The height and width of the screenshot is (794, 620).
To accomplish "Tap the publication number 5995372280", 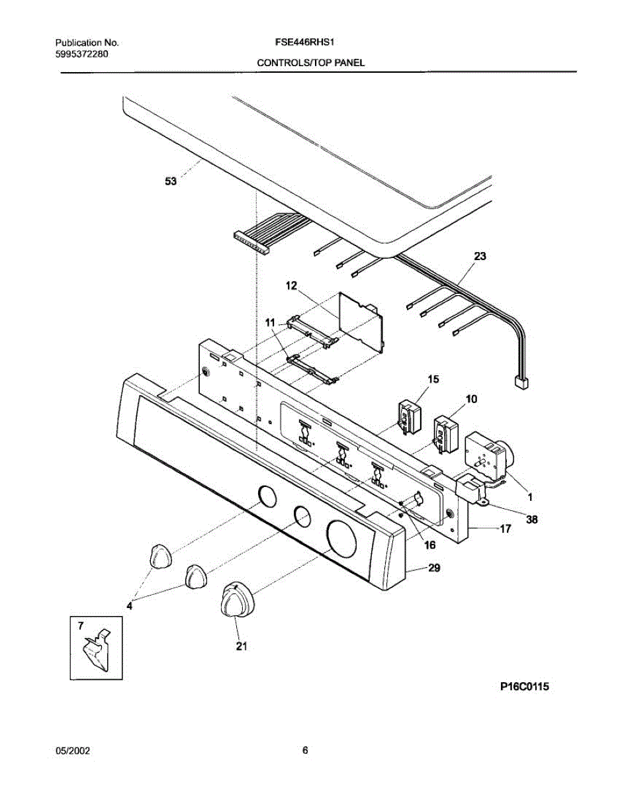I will point(82,53).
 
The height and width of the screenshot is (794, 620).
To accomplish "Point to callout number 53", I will point(171,184).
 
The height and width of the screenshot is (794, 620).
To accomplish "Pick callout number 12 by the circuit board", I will point(292,286).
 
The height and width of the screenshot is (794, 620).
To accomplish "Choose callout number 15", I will point(433,379).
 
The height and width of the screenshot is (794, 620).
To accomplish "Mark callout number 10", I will point(472,399).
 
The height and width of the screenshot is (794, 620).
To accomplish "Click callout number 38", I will point(531,519).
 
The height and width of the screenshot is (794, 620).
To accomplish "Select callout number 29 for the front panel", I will point(434,568).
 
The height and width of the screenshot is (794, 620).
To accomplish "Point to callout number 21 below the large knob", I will point(242,646).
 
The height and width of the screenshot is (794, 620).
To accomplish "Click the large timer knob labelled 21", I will point(235,600).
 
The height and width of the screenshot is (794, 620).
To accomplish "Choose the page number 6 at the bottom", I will point(305,750).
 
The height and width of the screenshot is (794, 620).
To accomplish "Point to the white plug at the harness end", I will point(521,382).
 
